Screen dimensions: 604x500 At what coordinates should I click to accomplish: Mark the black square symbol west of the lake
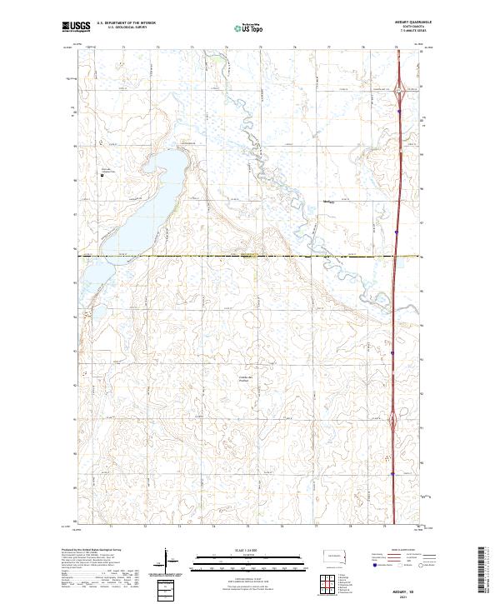click(x=102, y=175)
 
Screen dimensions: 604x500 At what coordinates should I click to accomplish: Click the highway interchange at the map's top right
click(x=399, y=89)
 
